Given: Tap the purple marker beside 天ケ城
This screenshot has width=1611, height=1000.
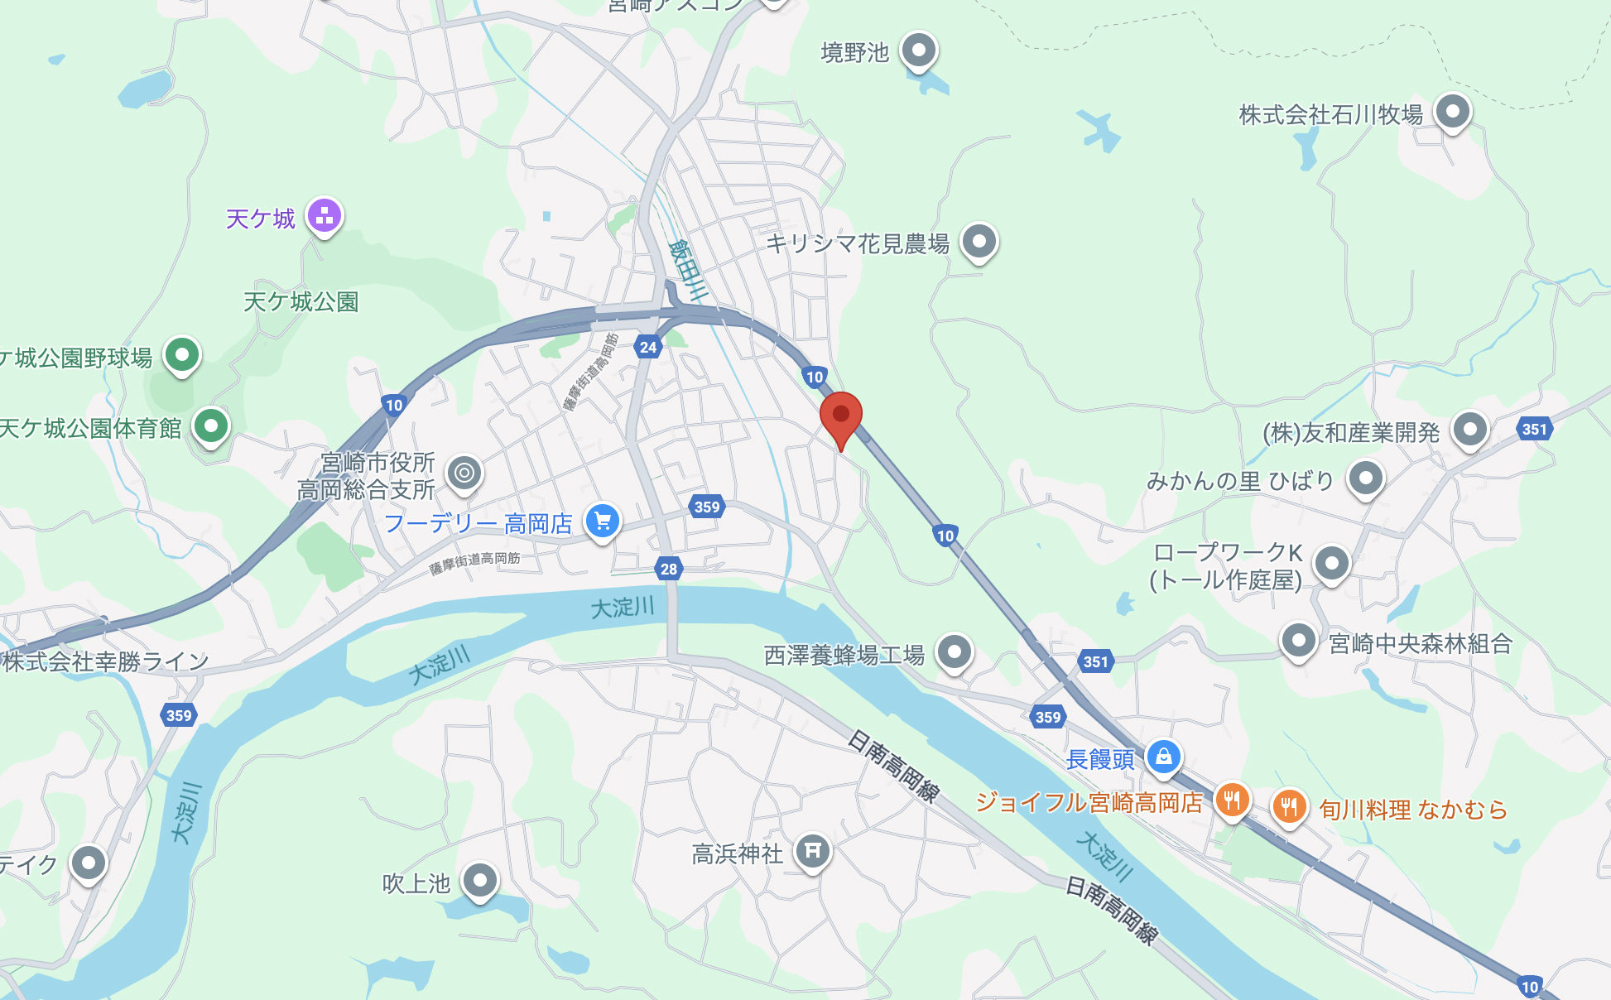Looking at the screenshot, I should point(325,216).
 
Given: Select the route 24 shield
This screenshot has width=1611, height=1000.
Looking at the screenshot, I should point(648,348).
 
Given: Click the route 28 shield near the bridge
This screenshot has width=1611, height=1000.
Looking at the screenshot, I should point(669,569).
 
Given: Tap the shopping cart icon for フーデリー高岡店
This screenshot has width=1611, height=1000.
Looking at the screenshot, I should point(603,522).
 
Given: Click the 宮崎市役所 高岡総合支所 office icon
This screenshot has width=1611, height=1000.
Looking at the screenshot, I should point(464,474).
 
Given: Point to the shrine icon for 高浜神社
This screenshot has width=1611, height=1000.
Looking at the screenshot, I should point(813,850).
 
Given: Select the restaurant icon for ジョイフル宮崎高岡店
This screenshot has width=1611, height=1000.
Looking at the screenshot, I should point(1232,800).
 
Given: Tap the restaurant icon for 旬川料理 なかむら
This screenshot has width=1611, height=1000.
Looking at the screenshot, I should point(1289,805).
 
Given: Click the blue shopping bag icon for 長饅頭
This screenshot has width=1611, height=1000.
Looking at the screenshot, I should point(1163,757).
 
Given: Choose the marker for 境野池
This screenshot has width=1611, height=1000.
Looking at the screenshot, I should point(918,50).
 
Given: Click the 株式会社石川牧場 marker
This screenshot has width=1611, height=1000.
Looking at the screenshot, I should point(1452,112).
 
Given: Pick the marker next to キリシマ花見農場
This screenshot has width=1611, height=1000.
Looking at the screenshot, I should point(979,242).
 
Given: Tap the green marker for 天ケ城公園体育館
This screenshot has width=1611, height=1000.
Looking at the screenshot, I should point(210,426).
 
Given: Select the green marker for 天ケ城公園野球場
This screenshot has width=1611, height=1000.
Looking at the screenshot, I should point(182,356).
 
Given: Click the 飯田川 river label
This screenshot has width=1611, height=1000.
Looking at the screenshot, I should point(688,269).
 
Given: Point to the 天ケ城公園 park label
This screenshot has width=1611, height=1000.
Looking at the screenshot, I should point(301,302).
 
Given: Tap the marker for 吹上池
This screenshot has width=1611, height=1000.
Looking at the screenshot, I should point(480,880).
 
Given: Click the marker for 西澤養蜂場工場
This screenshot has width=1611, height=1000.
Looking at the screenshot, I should point(955,652).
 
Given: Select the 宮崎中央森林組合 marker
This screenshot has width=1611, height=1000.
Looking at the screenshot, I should point(1298,641).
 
